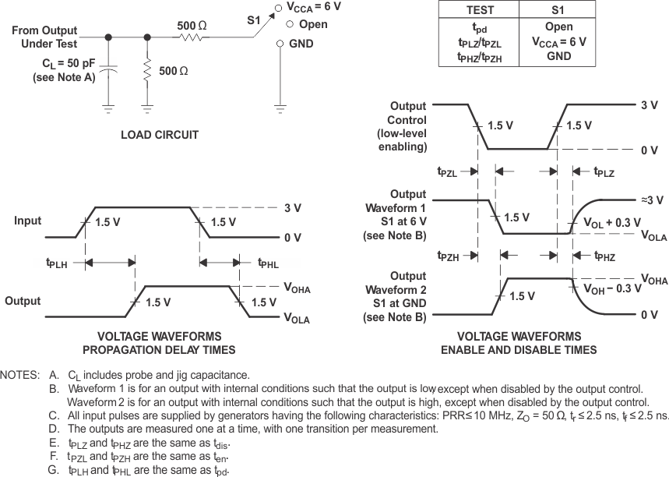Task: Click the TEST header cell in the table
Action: (x=480, y=10)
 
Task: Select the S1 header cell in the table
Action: (x=558, y=10)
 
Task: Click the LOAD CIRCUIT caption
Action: (x=160, y=135)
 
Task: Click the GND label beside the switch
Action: (x=301, y=44)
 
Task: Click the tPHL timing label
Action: (x=269, y=263)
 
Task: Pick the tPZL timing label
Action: (x=449, y=172)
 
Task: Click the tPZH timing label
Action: (x=449, y=256)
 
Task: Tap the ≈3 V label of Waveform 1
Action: (x=651, y=200)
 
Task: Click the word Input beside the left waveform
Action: (x=28, y=221)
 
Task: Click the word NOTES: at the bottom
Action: (x=20, y=375)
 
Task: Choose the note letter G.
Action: (x=53, y=470)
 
